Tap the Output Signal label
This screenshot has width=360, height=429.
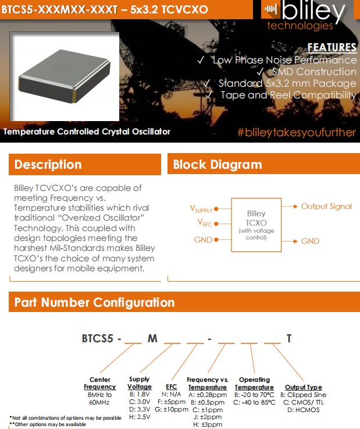point(326,207)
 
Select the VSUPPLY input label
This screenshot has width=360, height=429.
point(201,209)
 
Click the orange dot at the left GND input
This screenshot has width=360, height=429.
point(216,239)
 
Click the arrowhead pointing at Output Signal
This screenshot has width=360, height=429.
point(296,207)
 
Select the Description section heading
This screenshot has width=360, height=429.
point(47,165)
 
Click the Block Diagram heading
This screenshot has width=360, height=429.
point(218,165)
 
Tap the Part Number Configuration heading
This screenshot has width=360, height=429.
point(94,303)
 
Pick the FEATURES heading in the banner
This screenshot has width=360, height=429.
point(332,48)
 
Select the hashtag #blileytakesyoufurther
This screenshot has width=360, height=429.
point(296,132)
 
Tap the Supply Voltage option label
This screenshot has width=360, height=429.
point(139,383)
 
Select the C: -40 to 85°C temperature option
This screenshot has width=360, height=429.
point(254,402)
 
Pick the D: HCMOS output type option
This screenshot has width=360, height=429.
point(303,409)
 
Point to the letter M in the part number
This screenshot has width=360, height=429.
point(152,338)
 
